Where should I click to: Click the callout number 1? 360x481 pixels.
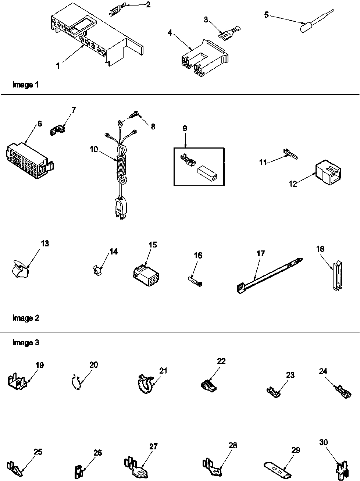pyautogui.click(x=58, y=66)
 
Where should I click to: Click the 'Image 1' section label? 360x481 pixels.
pyautogui.click(x=26, y=85)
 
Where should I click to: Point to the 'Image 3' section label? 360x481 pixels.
pyautogui.click(x=26, y=343)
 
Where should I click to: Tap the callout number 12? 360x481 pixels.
pyautogui.click(x=293, y=184)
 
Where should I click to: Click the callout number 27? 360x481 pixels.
pyautogui.click(x=153, y=446)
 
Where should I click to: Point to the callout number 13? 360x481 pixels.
pyautogui.click(x=45, y=244)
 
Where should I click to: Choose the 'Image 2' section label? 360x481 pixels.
pyautogui.click(x=26, y=318)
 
